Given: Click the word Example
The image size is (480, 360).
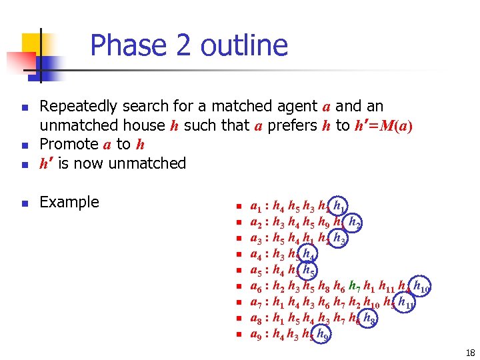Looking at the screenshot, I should click(x=69, y=202).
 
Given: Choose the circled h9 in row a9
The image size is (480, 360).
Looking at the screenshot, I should click(x=323, y=335).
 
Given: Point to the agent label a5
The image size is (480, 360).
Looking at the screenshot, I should click(x=255, y=271).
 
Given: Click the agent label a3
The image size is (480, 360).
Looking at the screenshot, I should click(x=255, y=238).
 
